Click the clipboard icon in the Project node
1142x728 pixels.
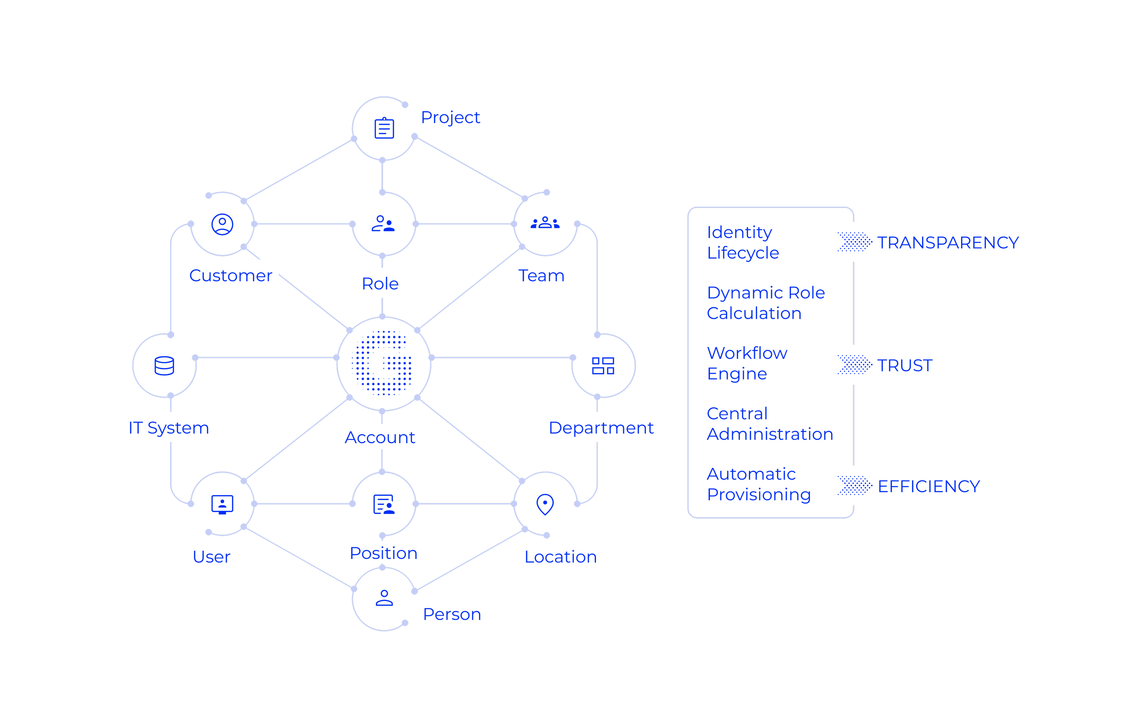(384, 128)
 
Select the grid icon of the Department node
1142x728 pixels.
(603, 365)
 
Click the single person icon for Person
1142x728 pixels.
(384, 598)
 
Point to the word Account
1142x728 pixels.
(380, 437)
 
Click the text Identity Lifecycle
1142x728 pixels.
(743, 242)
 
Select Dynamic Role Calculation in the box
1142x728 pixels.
(765, 303)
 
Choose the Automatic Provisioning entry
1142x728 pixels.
(758, 484)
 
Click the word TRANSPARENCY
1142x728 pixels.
(948, 243)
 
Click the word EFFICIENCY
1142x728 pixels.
(928, 486)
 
